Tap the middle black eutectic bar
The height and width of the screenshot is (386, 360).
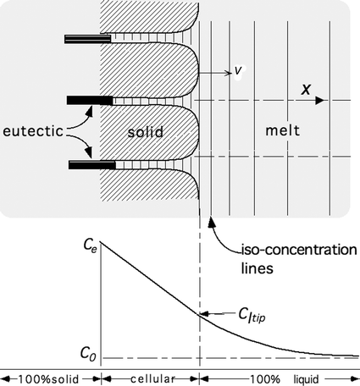point(90,101)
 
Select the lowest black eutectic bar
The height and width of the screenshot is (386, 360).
point(90,163)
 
